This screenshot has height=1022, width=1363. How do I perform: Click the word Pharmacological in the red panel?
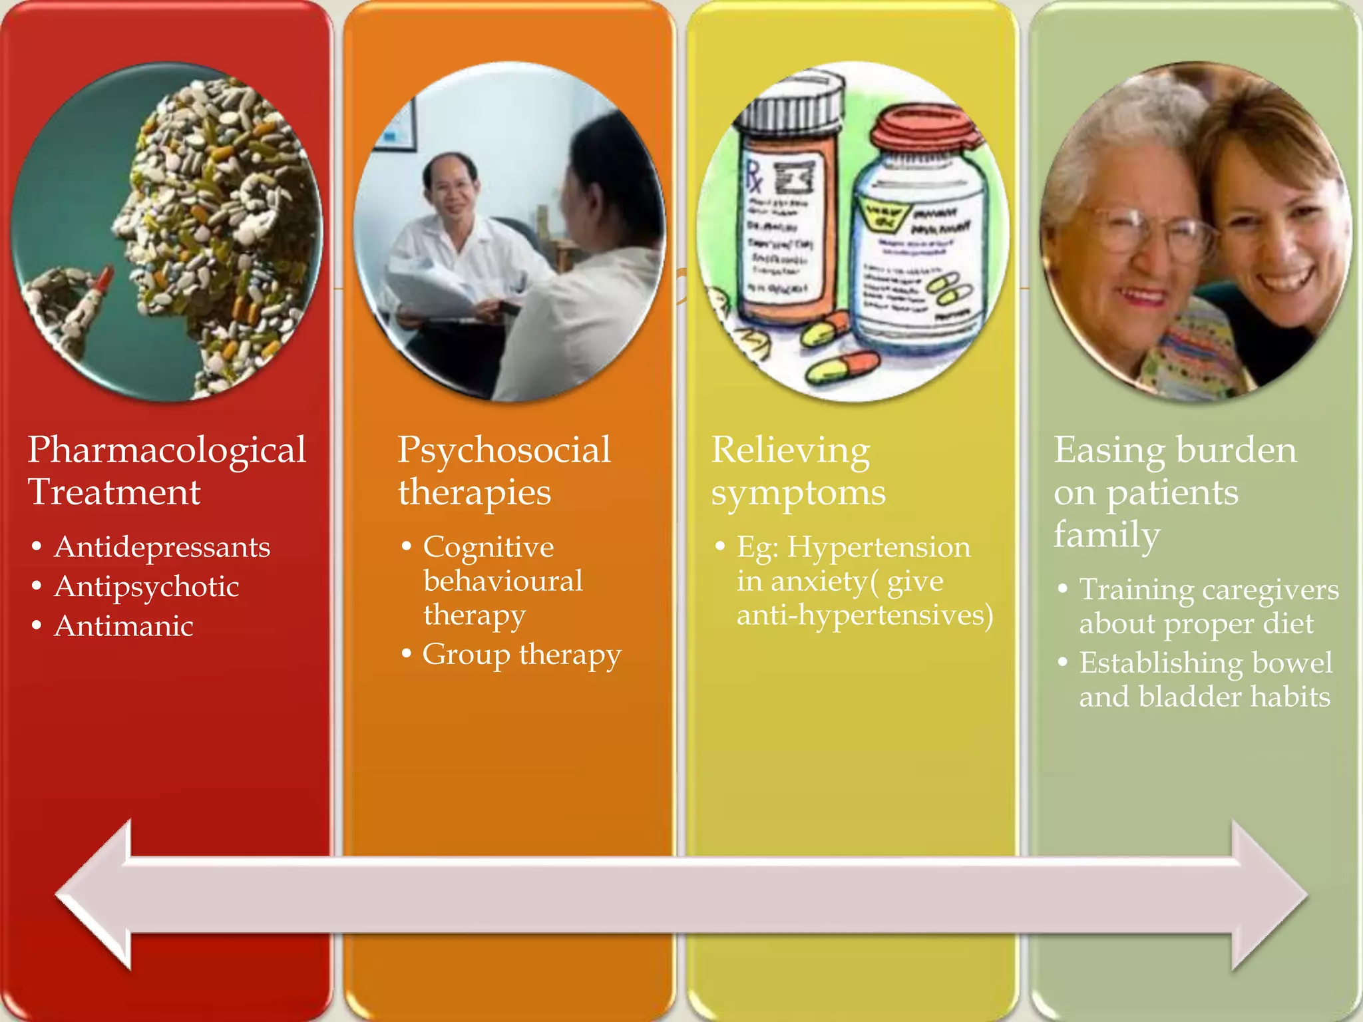(166, 450)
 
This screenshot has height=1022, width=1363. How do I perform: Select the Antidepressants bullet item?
(162, 547)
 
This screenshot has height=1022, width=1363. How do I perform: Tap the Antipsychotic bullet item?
(146, 587)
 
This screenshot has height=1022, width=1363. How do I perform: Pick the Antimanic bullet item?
(124, 626)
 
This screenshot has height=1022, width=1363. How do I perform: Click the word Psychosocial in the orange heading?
(504, 450)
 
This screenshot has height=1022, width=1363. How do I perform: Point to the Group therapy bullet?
(521, 654)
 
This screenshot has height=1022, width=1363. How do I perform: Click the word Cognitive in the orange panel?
(488, 547)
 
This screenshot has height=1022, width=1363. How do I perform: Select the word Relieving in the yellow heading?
(791, 450)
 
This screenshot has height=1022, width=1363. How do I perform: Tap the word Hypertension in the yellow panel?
(878, 547)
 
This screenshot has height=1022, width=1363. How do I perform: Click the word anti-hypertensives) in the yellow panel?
(865, 615)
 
